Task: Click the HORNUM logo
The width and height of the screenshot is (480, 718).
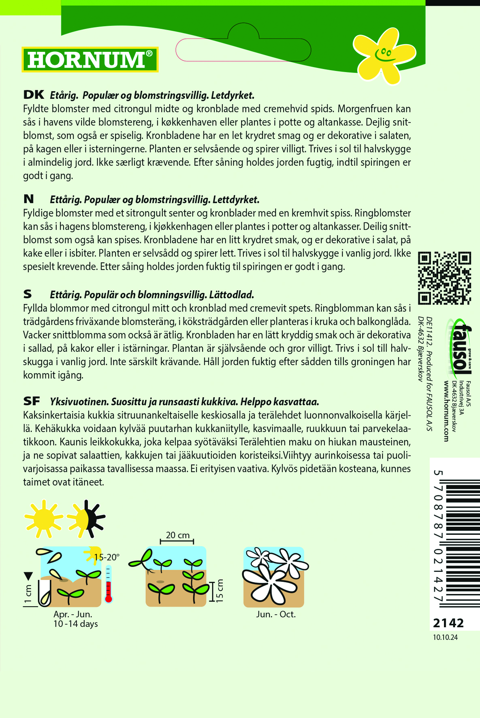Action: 90,60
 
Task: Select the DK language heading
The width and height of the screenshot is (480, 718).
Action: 34,95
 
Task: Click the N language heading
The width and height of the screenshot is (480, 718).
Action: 29,199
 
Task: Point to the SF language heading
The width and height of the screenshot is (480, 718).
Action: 32,401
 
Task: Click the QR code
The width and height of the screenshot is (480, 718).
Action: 444,278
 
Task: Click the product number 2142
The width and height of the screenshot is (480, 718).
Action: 448,623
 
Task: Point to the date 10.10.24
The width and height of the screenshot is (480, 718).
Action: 445,637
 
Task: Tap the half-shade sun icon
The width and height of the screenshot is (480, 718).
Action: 86,519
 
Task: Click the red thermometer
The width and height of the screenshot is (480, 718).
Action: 108,583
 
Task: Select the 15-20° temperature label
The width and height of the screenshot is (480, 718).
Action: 107,557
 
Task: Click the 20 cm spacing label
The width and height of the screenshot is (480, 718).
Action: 177,535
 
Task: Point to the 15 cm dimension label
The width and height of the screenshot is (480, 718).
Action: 220,590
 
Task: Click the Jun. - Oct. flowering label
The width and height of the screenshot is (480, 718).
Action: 276,614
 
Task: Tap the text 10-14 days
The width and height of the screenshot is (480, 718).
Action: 75,624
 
